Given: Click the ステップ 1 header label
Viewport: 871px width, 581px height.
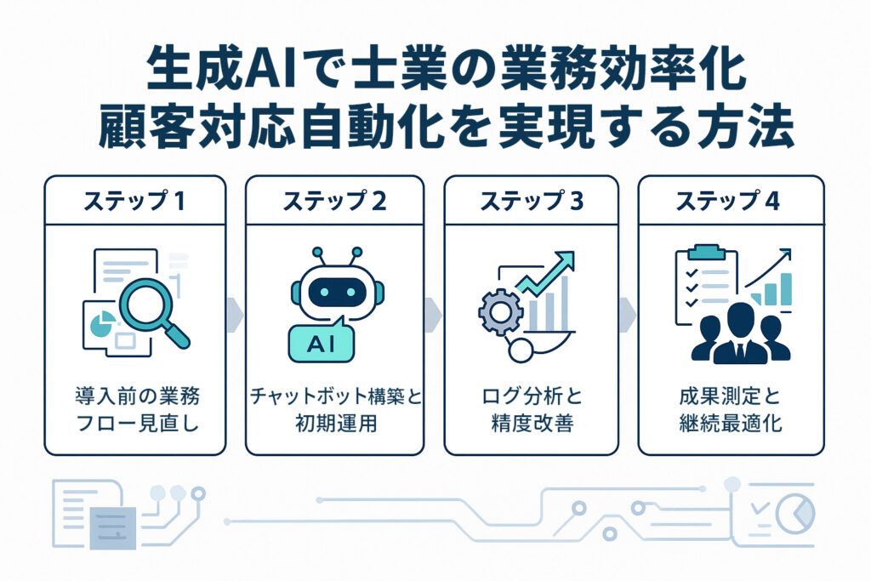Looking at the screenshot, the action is [134, 201].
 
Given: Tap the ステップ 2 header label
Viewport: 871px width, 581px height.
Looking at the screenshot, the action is [334, 201].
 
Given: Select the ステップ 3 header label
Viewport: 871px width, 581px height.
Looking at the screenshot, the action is [532, 201].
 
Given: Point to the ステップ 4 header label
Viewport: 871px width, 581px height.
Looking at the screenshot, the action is [728, 201].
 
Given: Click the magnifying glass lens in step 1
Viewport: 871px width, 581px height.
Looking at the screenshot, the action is [146, 304].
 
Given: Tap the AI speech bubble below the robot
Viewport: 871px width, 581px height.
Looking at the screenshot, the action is [321, 342].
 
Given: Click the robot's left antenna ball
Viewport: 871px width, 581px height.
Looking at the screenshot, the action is [318, 253].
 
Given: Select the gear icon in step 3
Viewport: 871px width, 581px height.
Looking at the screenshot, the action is [500, 312].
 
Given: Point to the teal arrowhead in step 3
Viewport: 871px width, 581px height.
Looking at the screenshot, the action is [565, 260].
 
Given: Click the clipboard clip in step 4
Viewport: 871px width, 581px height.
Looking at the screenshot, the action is [707, 252].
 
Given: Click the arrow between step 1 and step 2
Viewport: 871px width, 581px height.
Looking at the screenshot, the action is [236, 315].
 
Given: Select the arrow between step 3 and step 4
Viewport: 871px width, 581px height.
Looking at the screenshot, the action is [628, 315].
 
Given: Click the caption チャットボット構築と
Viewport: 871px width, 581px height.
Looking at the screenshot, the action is [335, 396].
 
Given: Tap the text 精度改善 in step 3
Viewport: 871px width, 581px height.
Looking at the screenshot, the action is [532, 424].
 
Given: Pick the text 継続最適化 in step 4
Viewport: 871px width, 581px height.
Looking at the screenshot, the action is [731, 424].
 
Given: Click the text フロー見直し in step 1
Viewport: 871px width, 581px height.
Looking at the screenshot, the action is [137, 424].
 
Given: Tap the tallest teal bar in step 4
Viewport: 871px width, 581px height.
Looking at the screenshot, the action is [786, 289].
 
